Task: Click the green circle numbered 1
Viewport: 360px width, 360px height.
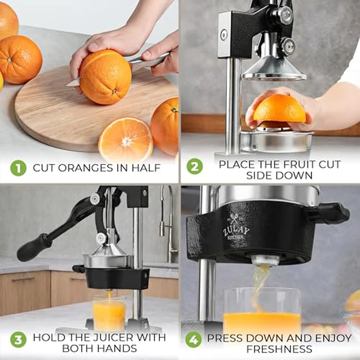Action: tap(18, 168)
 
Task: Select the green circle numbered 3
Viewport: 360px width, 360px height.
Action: tap(18, 340)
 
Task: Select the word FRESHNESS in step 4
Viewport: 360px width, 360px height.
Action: tap(279, 349)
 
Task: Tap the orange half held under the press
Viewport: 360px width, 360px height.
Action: tap(279, 110)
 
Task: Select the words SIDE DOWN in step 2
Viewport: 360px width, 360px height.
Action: tap(279, 175)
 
